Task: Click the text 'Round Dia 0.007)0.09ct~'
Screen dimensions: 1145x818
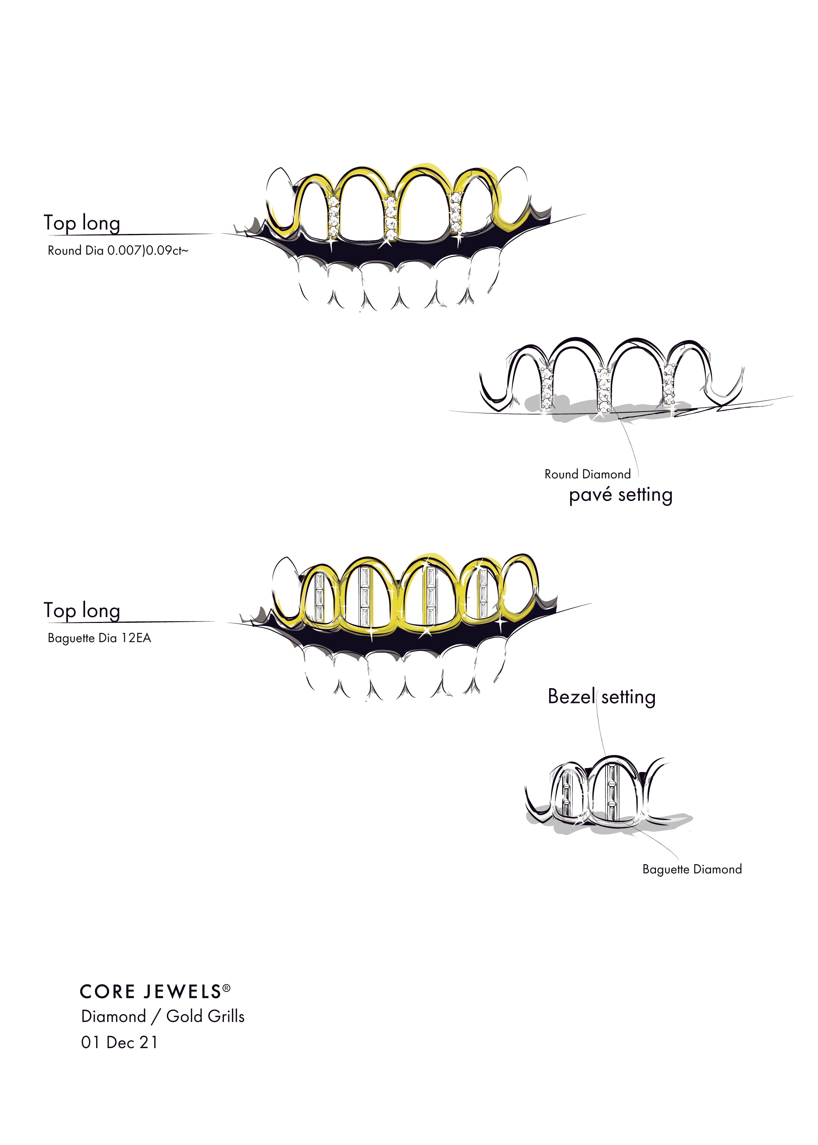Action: [118, 251]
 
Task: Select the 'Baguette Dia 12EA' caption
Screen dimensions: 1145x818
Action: [99, 638]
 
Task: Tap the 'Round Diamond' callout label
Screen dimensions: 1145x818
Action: [587, 474]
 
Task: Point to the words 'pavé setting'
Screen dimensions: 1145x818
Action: [621, 495]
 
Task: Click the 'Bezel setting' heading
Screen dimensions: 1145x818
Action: [601, 697]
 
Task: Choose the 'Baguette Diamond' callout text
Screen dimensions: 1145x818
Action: [692, 869]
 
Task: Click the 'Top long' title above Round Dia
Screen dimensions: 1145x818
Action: [82, 223]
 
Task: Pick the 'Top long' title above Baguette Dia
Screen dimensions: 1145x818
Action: [82, 610]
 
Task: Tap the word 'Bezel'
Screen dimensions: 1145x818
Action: [571, 697]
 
